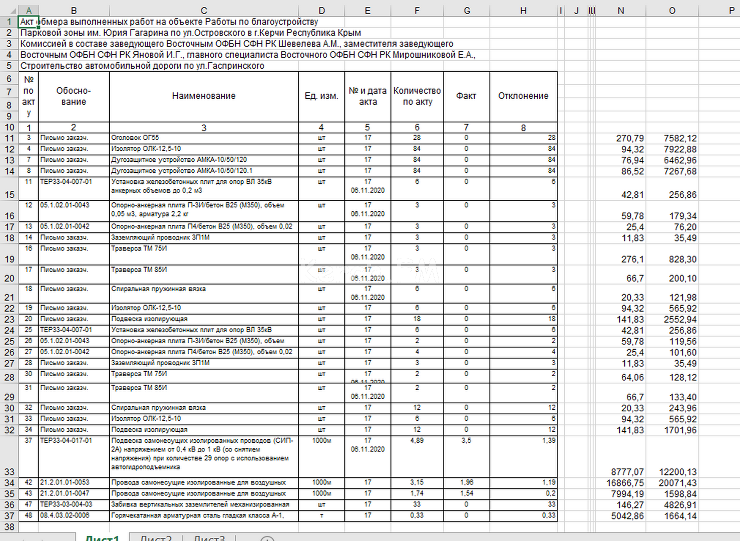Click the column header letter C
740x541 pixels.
click(x=204, y=11)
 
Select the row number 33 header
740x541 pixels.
click(x=9, y=472)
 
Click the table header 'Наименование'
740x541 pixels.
click(x=204, y=96)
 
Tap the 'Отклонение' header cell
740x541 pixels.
click(x=523, y=96)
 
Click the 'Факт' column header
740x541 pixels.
click(x=466, y=96)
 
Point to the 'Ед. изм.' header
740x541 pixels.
click(x=321, y=96)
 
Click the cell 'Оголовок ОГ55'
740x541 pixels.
click(x=135, y=138)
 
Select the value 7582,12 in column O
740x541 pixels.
click(x=680, y=138)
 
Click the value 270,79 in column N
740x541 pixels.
click(x=630, y=138)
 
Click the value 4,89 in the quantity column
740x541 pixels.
click(x=417, y=441)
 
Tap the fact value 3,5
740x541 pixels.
click(x=466, y=441)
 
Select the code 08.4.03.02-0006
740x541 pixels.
click(x=65, y=515)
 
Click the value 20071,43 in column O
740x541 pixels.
click(x=677, y=483)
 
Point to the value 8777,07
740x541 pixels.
click(x=627, y=472)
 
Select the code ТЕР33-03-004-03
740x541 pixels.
click(x=66, y=504)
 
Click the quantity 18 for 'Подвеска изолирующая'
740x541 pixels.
click(x=417, y=319)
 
